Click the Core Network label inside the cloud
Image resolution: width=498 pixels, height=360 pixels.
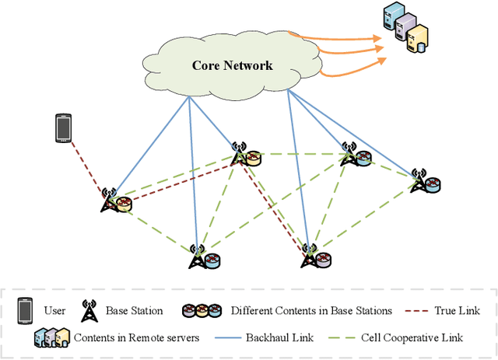pos(232,65)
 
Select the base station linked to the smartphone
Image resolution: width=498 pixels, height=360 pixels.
pos(109,201)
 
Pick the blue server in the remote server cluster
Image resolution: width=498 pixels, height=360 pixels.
pos(391,17)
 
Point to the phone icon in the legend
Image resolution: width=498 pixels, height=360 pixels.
pos(23,311)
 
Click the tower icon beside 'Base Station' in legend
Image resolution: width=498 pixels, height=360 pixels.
pos(90,311)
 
